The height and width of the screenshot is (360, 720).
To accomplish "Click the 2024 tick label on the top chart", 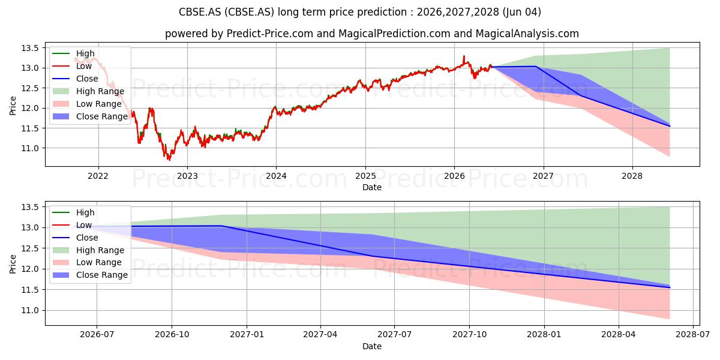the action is [276, 176].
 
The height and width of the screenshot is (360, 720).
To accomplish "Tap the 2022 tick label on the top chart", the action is [98, 176].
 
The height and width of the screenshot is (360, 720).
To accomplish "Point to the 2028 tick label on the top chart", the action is [632, 176].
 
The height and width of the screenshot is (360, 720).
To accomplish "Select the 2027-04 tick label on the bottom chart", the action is [320, 335].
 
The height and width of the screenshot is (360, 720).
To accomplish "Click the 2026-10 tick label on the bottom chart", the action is [172, 335].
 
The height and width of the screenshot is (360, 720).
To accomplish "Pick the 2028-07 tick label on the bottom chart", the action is [692, 335].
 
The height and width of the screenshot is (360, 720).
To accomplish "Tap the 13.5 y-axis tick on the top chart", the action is [30, 48].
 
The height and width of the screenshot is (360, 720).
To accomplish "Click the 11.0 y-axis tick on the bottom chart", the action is [30, 311].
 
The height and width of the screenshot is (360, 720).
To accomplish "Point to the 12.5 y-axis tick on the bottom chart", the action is [30, 248].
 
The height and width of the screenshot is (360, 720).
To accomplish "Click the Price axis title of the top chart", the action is [13, 106].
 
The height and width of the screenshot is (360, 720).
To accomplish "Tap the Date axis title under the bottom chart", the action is [372, 347].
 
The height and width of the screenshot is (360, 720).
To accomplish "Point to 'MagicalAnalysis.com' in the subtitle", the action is [527, 34].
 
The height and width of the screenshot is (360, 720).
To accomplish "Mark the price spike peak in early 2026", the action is [463, 56].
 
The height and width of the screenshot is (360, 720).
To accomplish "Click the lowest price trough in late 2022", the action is [169, 160].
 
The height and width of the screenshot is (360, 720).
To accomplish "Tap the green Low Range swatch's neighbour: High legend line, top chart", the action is [61, 53].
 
